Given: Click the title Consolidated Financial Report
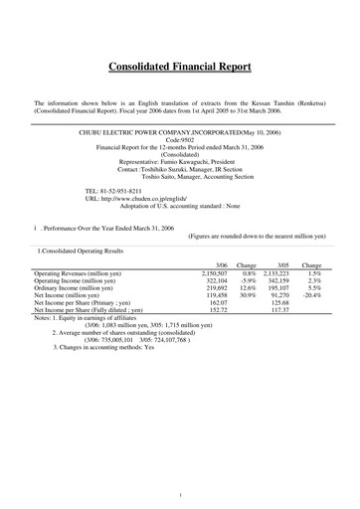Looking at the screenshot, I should tap(179, 68).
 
